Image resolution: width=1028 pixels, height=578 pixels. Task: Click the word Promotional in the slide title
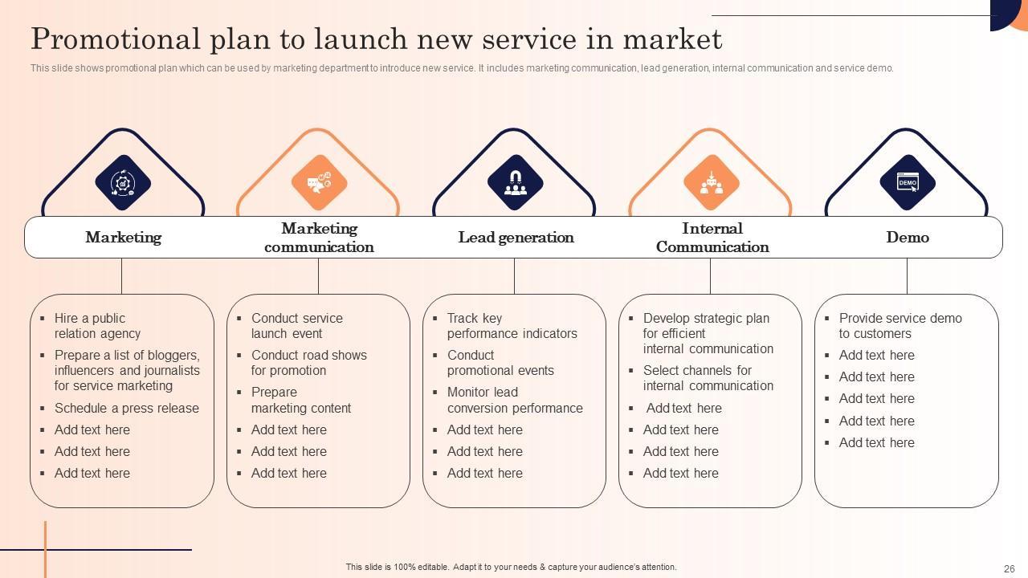pyautogui.click(x=115, y=39)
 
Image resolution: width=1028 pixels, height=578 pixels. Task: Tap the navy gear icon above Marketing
pyautogui.click(x=123, y=182)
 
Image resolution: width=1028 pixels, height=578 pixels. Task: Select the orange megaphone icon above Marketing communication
pyautogui.click(x=319, y=182)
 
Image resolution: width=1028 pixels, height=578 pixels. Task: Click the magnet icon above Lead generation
pyautogui.click(x=515, y=182)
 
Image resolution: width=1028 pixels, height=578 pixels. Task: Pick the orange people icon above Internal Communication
pyautogui.click(x=711, y=182)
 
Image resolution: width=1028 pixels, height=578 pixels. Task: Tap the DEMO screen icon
pyautogui.click(x=907, y=182)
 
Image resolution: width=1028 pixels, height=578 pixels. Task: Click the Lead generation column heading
pyautogui.click(x=516, y=238)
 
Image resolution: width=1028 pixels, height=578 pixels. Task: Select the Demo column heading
pyautogui.click(x=908, y=238)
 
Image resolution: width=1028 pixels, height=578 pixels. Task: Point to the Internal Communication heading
pyautogui.click(x=712, y=238)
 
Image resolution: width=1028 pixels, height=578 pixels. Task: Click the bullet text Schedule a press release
pyautogui.click(x=126, y=408)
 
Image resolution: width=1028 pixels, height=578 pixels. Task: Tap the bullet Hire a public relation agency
pyautogui.click(x=97, y=326)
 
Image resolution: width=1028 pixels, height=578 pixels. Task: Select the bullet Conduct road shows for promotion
pyautogui.click(x=308, y=363)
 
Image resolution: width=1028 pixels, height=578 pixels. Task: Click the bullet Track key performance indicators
pyautogui.click(x=512, y=326)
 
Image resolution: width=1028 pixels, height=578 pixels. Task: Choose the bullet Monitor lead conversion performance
pyautogui.click(x=515, y=400)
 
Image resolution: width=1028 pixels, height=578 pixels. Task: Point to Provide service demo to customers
pyautogui.click(x=899, y=326)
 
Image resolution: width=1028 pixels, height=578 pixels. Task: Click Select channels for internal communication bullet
pyautogui.click(x=708, y=378)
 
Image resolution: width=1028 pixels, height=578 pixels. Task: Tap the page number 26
pyautogui.click(x=1010, y=568)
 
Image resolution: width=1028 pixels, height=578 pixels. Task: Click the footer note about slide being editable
pyautogui.click(x=511, y=567)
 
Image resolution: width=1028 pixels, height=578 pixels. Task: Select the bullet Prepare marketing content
pyautogui.click(x=300, y=400)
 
